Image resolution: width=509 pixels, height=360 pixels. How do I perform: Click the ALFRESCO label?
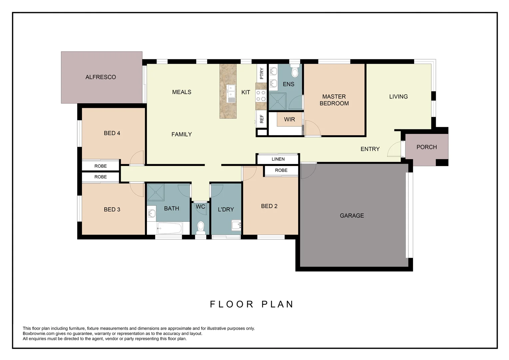point(101,77)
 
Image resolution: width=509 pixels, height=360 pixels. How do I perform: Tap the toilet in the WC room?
point(201,227)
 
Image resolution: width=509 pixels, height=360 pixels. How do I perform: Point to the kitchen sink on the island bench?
point(231,94)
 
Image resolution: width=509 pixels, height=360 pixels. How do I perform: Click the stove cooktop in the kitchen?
point(261,96)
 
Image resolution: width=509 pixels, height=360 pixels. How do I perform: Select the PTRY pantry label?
point(261,73)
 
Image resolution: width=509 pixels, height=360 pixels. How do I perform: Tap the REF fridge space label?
point(261,119)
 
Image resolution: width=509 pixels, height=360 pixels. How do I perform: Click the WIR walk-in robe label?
point(289,119)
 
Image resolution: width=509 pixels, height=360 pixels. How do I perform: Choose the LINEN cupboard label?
point(278,159)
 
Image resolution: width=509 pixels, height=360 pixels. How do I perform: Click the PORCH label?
point(426,147)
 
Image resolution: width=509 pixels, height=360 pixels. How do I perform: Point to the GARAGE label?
point(352,216)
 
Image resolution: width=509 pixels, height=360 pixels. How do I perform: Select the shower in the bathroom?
point(156,192)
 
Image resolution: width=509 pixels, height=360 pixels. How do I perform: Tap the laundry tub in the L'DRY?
point(236,226)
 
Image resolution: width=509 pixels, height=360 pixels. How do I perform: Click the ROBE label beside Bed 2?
point(281,170)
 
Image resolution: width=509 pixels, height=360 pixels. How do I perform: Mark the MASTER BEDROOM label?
point(334,100)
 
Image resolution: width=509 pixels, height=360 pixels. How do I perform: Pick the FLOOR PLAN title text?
point(252,304)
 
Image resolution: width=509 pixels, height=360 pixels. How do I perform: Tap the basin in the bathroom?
point(152,213)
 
